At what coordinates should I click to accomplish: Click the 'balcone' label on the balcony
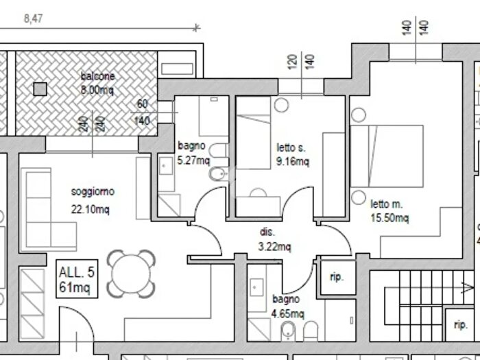tap(97, 76)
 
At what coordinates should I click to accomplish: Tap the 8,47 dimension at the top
tap(33, 19)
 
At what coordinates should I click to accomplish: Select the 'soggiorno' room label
tap(93, 192)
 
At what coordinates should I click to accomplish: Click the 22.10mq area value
tap(91, 209)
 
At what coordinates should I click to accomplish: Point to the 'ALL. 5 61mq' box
tap(77, 279)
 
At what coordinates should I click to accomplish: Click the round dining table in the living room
tap(131, 274)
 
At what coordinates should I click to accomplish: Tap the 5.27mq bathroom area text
tap(194, 160)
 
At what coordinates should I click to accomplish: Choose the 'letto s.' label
tap(291, 148)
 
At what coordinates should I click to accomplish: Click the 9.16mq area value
tap(293, 161)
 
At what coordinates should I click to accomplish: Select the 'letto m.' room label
tap(387, 204)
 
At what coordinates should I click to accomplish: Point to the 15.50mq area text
tap(389, 217)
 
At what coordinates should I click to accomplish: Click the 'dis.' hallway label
tap(267, 232)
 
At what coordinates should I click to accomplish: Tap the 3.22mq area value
tap(274, 246)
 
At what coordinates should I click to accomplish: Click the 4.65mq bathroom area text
tap(288, 314)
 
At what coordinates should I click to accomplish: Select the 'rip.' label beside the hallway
tap(337, 277)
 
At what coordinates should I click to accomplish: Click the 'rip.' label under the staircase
tap(460, 324)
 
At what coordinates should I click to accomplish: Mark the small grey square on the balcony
tap(40, 89)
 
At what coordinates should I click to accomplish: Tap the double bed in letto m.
tap(387, 156)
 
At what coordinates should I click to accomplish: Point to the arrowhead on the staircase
tap(468, 288)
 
